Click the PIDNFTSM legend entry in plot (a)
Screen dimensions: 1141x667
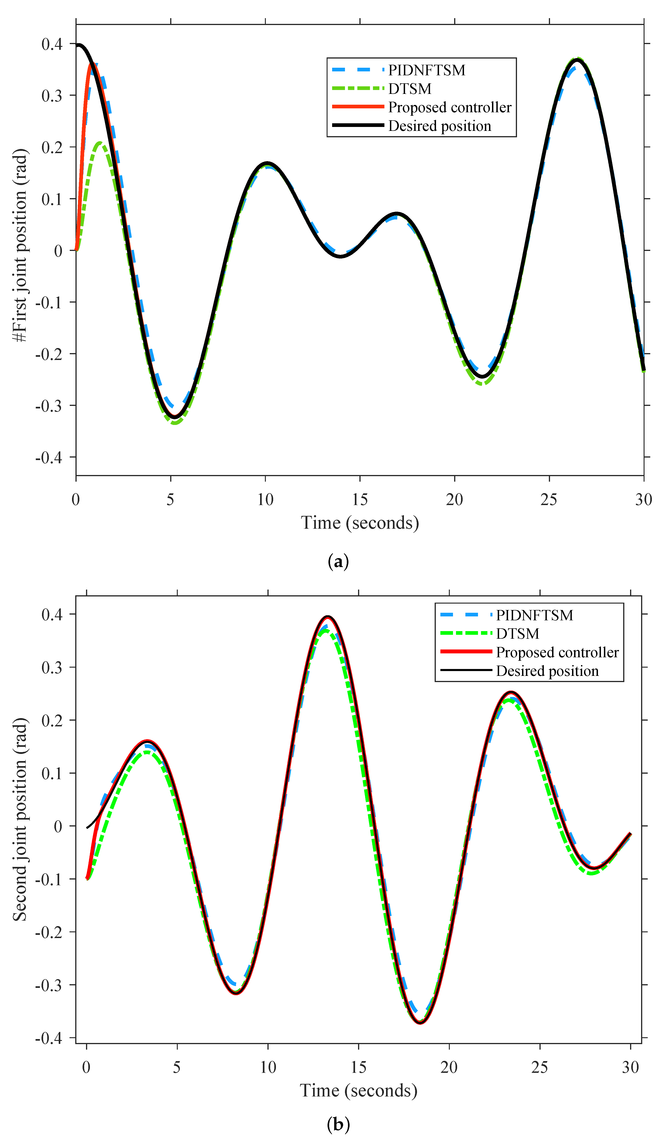(426, 70)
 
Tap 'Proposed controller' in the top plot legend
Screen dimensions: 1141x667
(449, 107)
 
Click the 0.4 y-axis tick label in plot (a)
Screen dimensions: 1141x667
(52, 44)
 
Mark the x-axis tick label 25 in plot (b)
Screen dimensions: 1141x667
(540, 1067)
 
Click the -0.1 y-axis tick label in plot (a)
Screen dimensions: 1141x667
(49, 302)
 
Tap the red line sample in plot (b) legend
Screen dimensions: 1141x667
(466, 652)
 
